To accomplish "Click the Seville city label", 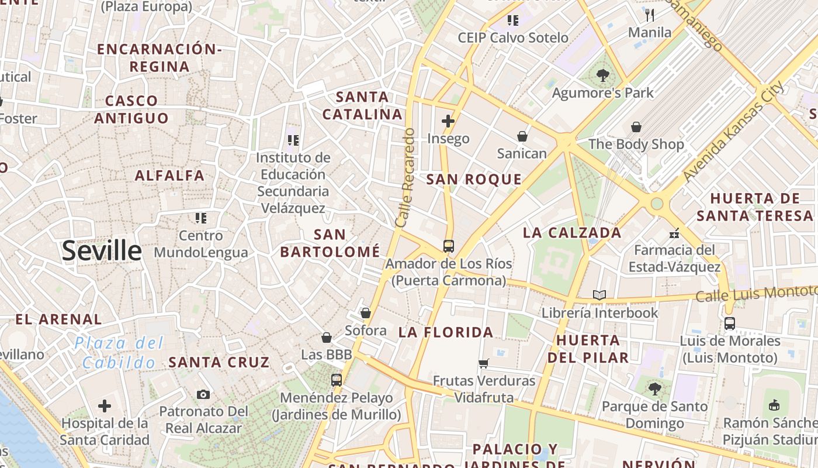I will point(102,251).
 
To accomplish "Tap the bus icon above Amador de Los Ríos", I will point(448,246).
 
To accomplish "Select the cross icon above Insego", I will point(448,121).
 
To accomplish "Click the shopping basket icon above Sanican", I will point(522,136).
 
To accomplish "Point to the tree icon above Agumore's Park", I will point(602,75).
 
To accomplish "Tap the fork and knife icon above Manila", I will point(650,15).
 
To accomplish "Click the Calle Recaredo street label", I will point(404,178).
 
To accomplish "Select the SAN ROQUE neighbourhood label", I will point(474,180).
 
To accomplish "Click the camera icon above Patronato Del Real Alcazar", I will point(203,394).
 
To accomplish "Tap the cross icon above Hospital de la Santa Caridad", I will point(105,405).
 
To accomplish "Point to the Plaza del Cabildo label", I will point(119,353).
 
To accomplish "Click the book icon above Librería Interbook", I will point(599,295).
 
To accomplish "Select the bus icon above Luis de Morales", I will point(729,324).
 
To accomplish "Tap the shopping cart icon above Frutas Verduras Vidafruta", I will point(483,364).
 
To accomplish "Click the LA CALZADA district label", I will point(571,233).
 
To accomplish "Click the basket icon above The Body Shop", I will point(636,127).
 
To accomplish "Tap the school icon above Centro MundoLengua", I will point(201,218).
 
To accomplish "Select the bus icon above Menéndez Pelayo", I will point(336,380).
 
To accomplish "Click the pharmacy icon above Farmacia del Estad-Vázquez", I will point(674,233).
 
